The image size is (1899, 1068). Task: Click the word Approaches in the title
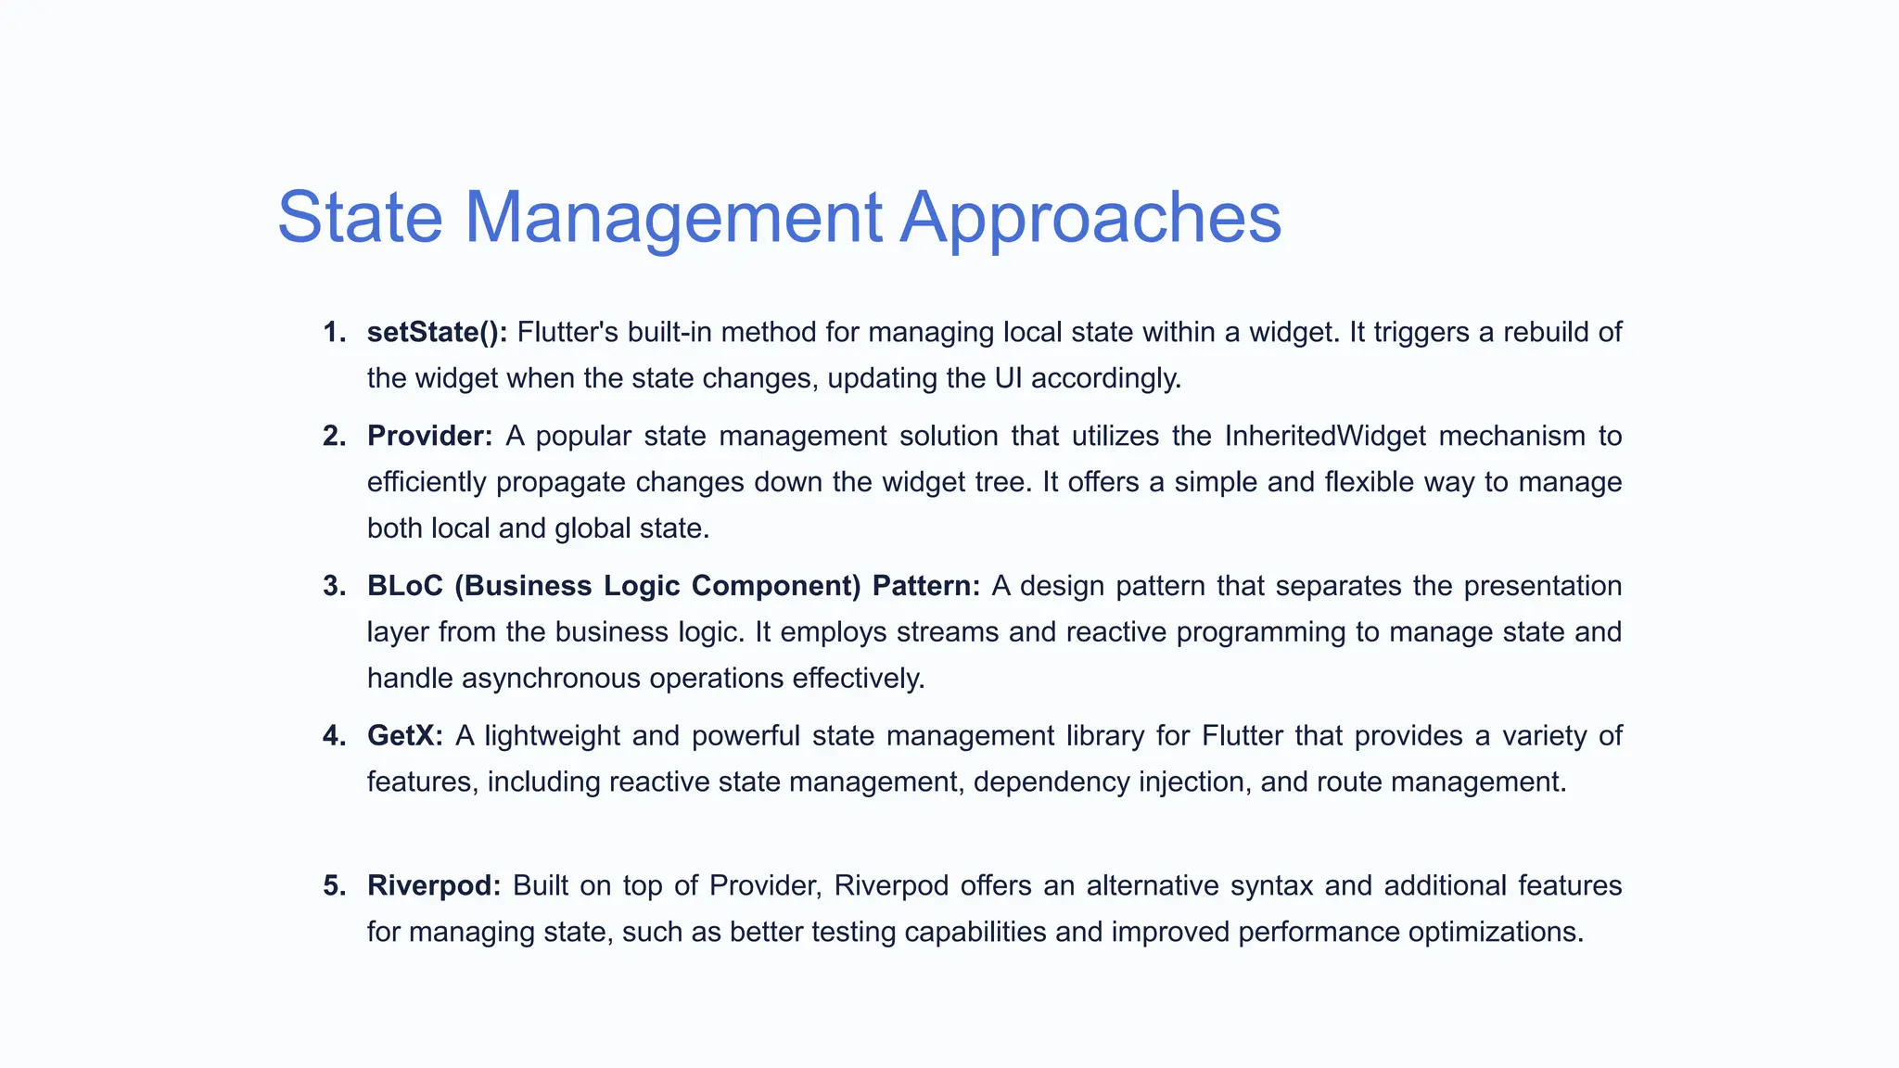point(1091,219)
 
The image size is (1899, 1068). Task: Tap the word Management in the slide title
point(672,219)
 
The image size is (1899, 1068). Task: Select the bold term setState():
point(437,332)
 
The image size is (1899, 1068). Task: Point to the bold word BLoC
point(404,586)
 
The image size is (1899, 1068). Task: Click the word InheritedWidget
point(1325,436)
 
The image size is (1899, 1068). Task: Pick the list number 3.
point(334,586)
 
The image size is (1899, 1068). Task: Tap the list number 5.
point(334,885)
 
